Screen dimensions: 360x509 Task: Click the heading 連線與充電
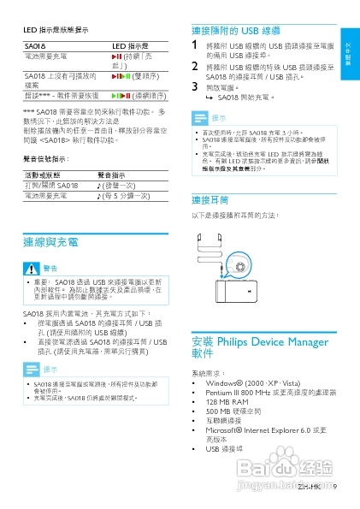tap(56, 242)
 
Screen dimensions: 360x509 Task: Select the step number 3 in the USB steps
tap(196, 86)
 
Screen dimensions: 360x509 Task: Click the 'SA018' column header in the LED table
tap(35, 44)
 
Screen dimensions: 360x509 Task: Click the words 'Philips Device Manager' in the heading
tap(271, 341)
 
